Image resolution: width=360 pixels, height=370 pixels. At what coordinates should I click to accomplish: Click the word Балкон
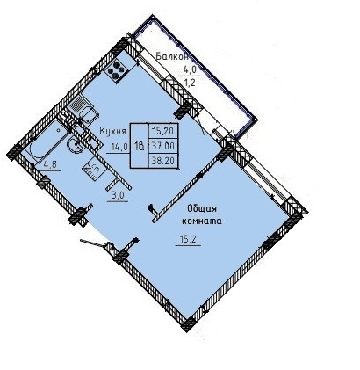pos(172,56)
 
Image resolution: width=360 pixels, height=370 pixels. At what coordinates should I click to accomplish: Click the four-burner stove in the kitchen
pos(117,70)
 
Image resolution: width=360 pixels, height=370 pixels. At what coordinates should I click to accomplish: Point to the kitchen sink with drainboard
pos(83,109)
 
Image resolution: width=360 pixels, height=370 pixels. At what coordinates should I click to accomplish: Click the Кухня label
pos(113,131)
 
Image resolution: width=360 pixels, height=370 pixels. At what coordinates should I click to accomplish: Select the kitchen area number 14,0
pos(120,146)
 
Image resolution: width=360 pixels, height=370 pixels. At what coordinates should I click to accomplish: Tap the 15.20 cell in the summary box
pos(163,130)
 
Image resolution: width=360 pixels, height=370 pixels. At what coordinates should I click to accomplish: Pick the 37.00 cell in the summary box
pos(163,145)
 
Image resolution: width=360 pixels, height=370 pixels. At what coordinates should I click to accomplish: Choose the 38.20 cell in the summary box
pos(163,160)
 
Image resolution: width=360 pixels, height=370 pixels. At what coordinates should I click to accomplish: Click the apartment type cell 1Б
pos(140,146)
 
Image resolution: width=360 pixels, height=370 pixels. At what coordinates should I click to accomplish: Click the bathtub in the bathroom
pos(47,141)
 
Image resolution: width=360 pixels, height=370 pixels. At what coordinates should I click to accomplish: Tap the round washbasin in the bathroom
pos(76,144)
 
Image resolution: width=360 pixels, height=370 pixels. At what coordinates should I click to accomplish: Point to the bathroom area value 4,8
pos(50,165)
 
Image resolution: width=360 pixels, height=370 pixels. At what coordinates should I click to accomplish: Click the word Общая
pos(202,208)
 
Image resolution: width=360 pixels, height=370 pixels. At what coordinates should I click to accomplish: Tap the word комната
pos(202,221)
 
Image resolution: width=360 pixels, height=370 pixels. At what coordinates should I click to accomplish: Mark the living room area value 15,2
pos(188,240)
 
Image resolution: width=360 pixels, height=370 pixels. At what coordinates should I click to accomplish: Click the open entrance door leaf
pos(93,243)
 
